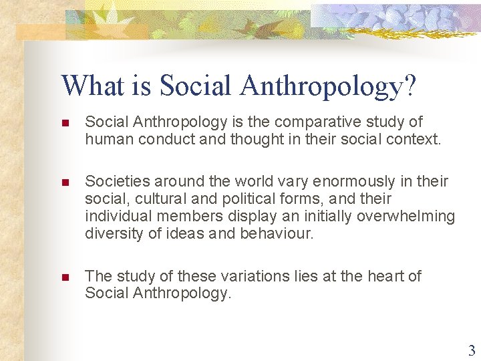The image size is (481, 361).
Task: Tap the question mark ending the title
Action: (x=410, y=86)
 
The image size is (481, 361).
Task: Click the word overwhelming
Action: (x=406, y=216)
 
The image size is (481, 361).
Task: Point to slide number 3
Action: (x=472, y=350)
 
